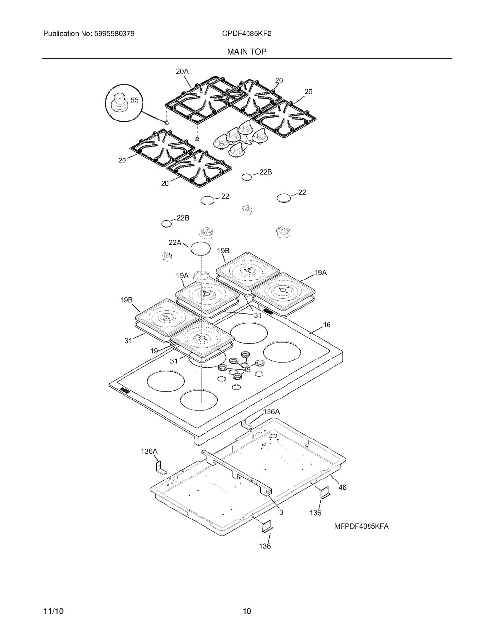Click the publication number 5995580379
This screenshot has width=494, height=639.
pos(115,34)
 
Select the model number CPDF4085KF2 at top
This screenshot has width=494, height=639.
pos(247,34)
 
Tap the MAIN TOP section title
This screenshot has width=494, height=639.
pos(247,52)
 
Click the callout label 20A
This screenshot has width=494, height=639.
pos(182,71)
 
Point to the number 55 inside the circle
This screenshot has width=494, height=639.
pos(134,100)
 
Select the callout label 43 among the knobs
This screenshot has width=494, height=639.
pos(248,143)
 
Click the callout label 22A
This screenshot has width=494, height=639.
pos(175,243)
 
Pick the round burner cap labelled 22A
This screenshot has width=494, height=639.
pos(201,248)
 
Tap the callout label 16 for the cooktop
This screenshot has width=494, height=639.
pos(327,325)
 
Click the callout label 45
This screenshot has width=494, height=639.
pos(247,370)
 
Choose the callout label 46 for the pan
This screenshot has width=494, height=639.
pos(342,487)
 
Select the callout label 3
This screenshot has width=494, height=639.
pos(281,512)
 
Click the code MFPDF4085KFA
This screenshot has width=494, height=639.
pos(362,527)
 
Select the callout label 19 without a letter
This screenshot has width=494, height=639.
pos(154,351)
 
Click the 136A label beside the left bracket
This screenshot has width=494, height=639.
pos(149,451)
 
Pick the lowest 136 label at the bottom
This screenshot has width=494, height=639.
pos(265,546)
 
